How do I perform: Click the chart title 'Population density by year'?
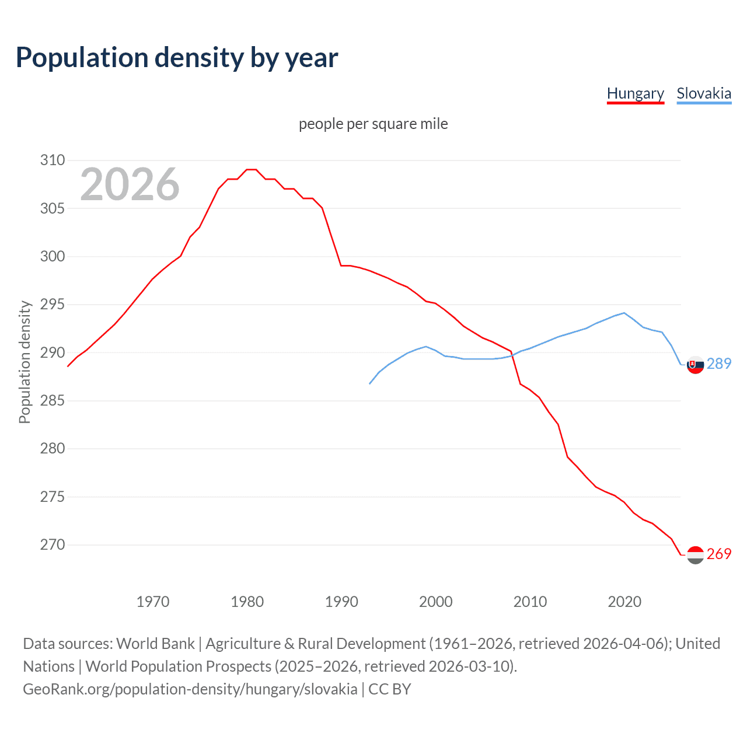click(177, 58)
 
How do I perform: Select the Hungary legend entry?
click(636, 93)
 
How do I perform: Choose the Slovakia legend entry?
click(704, 93)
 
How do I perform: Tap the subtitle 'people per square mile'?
click(373, 124)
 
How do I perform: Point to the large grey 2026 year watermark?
click(130, 184)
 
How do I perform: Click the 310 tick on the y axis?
click(53, 160)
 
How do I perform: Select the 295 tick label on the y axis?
click(53, 305)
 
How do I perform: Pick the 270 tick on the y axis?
click(53, 545)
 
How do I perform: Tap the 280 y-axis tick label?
click(53, 449)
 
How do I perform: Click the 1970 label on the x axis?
click(153, 602)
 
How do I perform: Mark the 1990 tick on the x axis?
click(341, 602)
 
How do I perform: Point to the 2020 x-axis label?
click(624, 602)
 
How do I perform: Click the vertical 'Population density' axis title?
click(25, 362)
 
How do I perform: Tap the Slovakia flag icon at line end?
click(695, 364)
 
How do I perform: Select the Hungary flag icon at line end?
click(695, 554)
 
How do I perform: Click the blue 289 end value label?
click(719, 364)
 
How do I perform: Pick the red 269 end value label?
click(719, 554)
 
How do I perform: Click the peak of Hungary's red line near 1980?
click(252, 169)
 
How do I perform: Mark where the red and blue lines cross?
click(513, 355)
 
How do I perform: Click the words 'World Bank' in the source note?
click(155, 644)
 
